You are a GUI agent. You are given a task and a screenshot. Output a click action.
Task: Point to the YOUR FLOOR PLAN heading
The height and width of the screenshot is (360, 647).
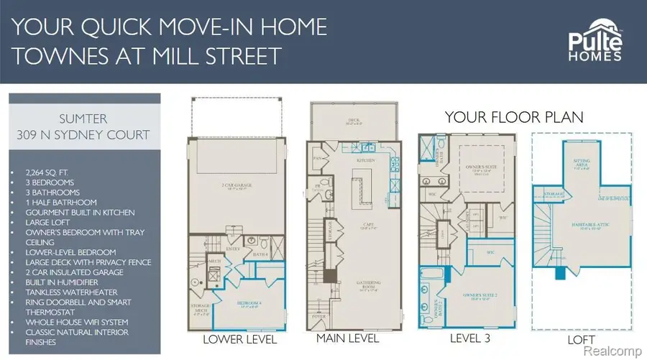coord(514,116)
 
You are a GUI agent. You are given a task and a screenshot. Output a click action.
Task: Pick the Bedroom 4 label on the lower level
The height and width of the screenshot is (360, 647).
coord(249,305)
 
